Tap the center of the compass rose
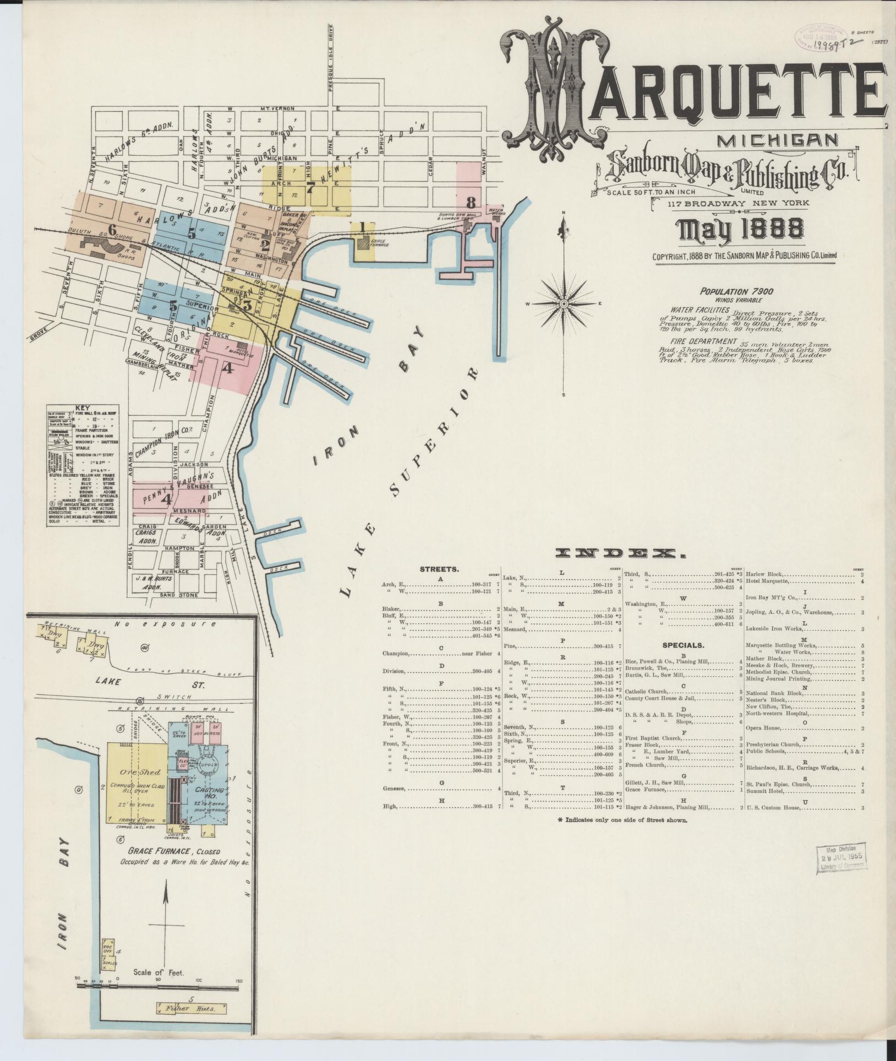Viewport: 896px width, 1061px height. click(x=564, y=303)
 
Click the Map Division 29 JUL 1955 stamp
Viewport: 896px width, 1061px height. click(x=842, y=857)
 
